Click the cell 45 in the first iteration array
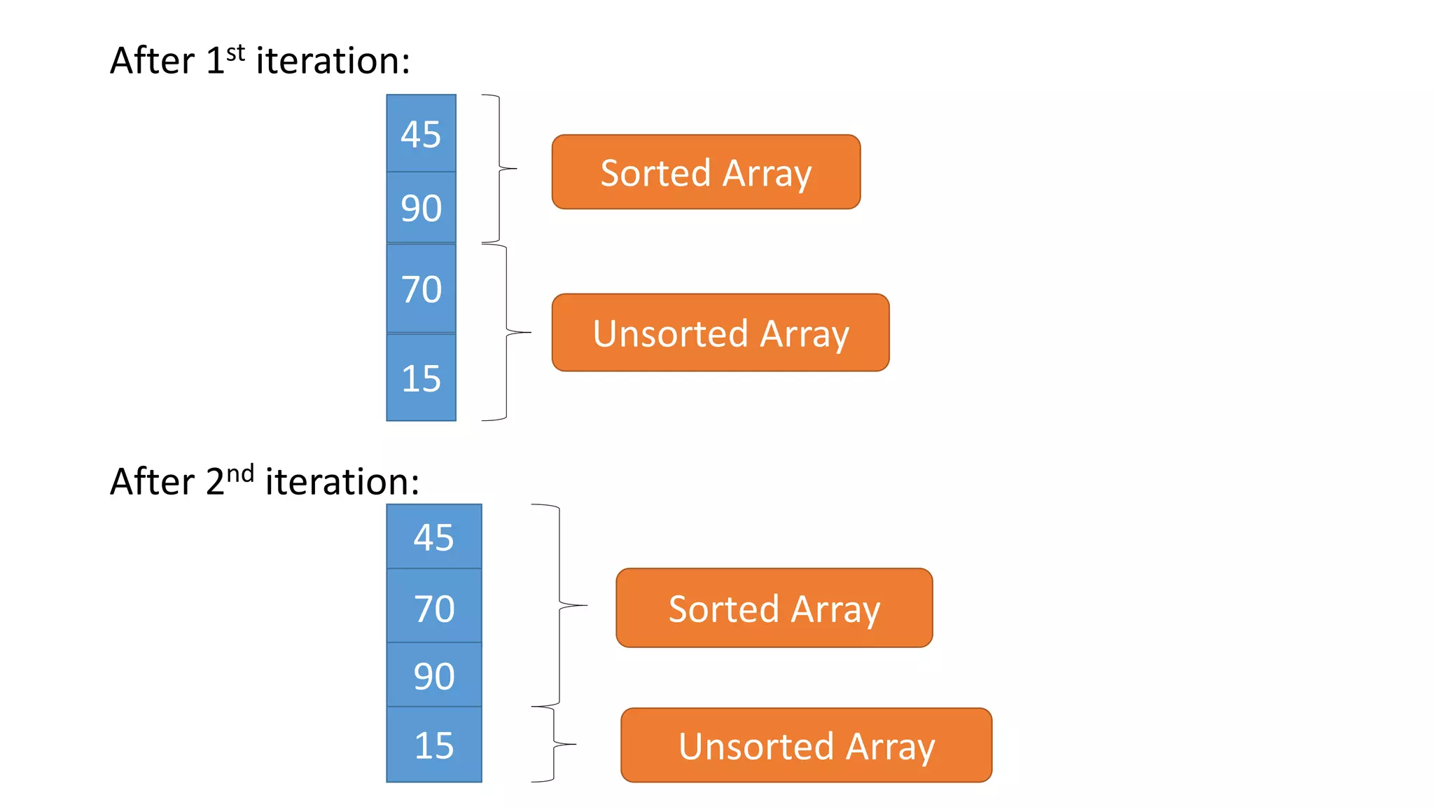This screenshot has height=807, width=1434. [421, 134]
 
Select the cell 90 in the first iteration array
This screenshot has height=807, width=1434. [421, 208]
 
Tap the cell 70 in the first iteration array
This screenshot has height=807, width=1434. [421, 289]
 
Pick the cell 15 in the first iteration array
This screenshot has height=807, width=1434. [421, 378]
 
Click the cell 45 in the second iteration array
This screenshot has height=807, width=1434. [434, 537]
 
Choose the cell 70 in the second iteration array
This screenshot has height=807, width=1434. [434, 607]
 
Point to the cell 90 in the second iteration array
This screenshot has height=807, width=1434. [434, 675]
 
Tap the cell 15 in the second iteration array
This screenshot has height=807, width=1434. [434, 745]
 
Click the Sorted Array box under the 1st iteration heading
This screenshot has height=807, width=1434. [706, 172]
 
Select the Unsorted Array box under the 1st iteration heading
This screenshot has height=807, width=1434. [721, 333]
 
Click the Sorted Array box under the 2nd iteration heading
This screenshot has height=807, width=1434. [774, 608]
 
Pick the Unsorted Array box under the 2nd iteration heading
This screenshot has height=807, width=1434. [806, 745]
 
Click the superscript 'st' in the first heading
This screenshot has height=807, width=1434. [236, 53]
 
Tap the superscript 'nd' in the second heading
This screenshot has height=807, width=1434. [240, 474]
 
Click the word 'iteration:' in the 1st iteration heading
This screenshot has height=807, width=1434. [333, 61]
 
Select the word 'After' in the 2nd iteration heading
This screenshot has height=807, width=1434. [152, 482]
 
